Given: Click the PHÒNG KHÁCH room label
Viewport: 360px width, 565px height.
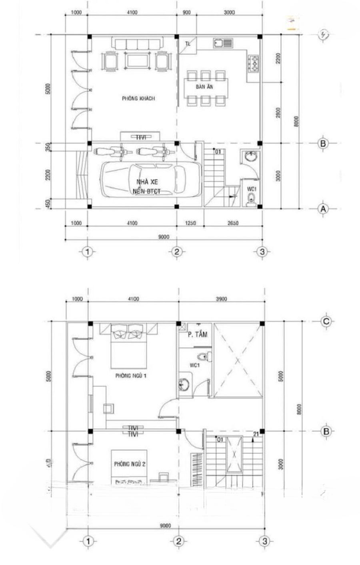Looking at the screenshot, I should pyautogui.click(x=138, y=98).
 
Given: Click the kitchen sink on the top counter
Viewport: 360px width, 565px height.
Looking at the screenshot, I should pyautogui.click(x=222, y=43).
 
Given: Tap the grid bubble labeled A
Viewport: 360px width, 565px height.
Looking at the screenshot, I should pyautogui.click(x=322, y=208).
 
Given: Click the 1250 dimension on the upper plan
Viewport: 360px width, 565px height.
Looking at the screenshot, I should pyautogui.click(x=190, y=223).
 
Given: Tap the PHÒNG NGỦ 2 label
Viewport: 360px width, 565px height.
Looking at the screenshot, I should pyautogui.click(x=129, y=464).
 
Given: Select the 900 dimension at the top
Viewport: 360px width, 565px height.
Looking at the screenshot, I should pyautogui.click(x=186, y=12).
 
